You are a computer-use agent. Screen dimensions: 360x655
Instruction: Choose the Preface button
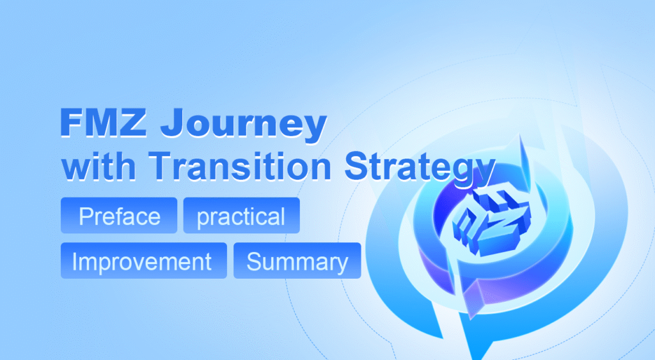(x=119, y=216)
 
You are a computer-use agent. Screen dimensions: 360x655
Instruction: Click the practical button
(x=241, y=216)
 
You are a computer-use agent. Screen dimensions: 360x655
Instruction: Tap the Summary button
(x=297, y=262)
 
